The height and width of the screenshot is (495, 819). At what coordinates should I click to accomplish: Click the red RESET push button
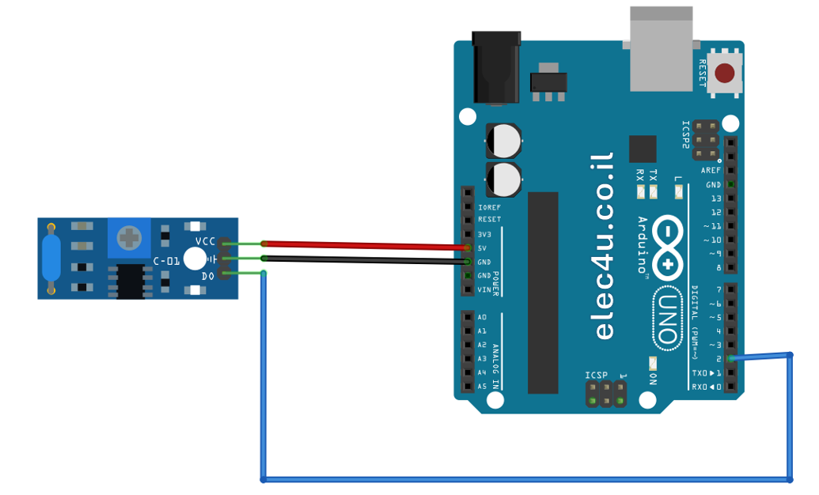pos(724,74)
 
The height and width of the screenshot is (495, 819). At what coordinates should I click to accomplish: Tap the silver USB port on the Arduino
pos(661,50)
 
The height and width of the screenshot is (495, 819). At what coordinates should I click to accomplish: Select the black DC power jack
pos(496,68)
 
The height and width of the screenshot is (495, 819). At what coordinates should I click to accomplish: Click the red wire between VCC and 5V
pos(364,245)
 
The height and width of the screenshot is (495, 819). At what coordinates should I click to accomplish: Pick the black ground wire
pos(364,259)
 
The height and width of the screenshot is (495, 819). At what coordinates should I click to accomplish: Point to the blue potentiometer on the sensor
pos(129,236)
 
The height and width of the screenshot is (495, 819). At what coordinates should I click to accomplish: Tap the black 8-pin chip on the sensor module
pos(131,281)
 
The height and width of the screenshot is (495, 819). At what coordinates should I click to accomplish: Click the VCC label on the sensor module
pos(205,241)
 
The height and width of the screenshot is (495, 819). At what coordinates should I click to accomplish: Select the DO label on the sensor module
pos(207,275)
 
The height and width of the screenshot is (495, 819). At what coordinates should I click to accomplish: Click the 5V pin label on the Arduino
pos(482,248)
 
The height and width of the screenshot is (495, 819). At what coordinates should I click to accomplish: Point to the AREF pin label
pos(711,171)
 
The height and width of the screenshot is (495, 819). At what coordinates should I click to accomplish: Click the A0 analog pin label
pos(482,317)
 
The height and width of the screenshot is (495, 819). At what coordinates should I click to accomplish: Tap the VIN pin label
pos(483,289)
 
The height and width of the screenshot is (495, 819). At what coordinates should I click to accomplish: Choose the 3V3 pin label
pos(483,234)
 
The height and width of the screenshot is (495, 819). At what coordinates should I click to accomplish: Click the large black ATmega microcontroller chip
pos(543,293)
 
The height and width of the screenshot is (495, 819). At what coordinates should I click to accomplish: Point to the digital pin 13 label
pos(715,198)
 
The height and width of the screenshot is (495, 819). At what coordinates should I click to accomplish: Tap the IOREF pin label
pos(489,207)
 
